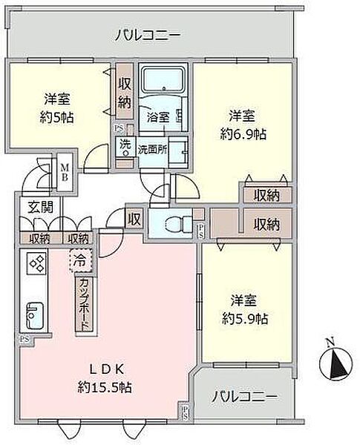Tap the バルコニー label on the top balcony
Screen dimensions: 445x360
148,35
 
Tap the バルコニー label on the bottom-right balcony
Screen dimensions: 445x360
244,397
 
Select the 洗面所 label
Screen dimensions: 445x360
151,148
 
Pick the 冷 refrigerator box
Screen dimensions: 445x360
79,260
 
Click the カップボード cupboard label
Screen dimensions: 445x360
85,304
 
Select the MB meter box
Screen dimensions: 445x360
65,177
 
